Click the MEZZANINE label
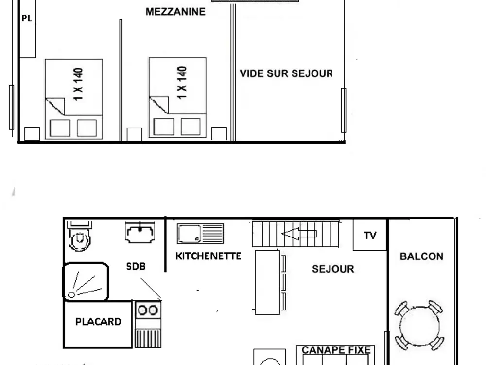click(x=175, y=12)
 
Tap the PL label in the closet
click(x=26, y=18)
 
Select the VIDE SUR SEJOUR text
click(x=286, y=74)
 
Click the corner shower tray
click(x=85, y=281)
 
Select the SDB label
click(x=136, y=267)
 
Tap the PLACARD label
click(x=98, y=322)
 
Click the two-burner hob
click(x=148, y=309)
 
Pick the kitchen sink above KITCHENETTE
click(x=200, y=234)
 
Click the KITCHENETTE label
click(x=208, y=256)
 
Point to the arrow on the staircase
click(x=299, y=234)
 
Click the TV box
click(x=370, y=236)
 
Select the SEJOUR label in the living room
click(x=333, y=269)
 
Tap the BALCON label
click(x=421, y=256)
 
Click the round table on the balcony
click(x=418, y=325)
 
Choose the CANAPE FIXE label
click(x=336, y=350)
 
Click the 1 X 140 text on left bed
click(x=79, y=84)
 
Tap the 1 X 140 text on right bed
click(x=182, y=83)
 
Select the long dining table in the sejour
click(x=267, y=282)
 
